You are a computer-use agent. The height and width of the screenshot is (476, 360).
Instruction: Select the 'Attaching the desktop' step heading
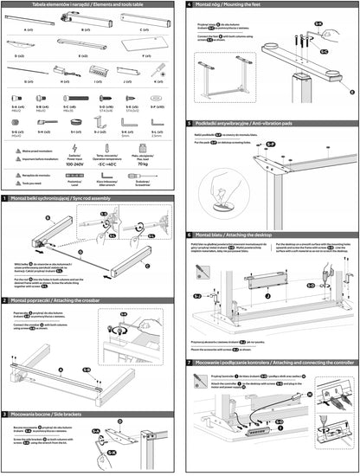[x=242, y=235]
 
